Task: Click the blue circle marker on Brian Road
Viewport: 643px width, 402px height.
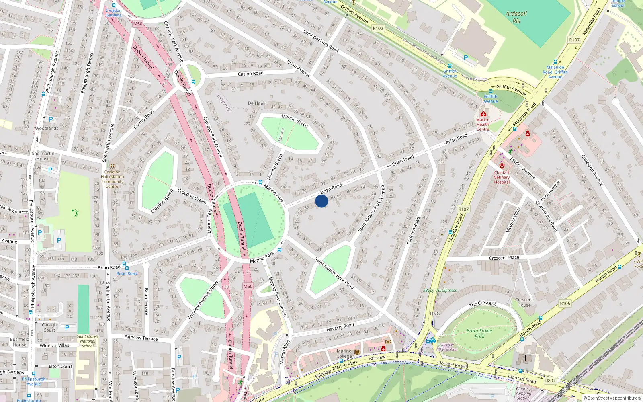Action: [x=321, y=201]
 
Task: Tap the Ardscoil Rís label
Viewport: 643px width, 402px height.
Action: [x=516, y=17]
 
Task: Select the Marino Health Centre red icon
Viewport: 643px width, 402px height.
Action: [x=483, y=114]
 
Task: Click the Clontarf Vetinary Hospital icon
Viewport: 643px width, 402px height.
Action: [x=502, y=166]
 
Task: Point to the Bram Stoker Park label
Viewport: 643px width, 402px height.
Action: [x=479, y=334]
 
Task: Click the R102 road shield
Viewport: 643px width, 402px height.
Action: [x=378, y=28]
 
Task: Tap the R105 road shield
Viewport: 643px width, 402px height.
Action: [x=565, y=304]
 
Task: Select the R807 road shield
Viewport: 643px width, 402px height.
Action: [x=550, y=381]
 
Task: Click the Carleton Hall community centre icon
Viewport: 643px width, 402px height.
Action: [x=113, y=166]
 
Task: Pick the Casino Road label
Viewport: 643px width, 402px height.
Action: [x=250, y=74]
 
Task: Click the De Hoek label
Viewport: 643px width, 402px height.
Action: [x=256, y=103]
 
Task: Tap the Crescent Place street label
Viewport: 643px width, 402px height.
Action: [x=504, y=258]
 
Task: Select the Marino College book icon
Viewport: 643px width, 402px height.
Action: [x=357, y=352]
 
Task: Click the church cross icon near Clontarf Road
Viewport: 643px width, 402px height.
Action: [x=525, y=357]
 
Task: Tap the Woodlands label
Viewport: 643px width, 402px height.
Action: [x=47, y=129]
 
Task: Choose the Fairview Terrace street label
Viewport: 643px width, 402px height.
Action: [x=141, y=338]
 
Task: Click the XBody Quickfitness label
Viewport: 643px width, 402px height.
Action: [x=440, y=290]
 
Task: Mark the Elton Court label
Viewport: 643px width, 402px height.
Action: [x=60, y=367]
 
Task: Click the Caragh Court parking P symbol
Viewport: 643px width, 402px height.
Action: [x=67, y=328]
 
